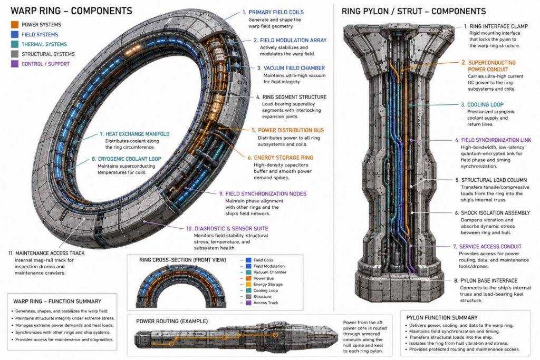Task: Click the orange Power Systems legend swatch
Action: [14, 24]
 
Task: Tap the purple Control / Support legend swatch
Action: [14, 64]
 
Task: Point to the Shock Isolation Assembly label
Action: [493, 213]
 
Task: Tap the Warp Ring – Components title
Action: [71, 11]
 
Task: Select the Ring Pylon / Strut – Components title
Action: [413, 12]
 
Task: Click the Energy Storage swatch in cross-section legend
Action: [248, 284]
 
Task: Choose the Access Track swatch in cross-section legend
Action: [248, 303]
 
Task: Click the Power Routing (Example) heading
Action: [172, 321]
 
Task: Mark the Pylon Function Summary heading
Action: [442, 318]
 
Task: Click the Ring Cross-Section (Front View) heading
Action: [182, 260]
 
